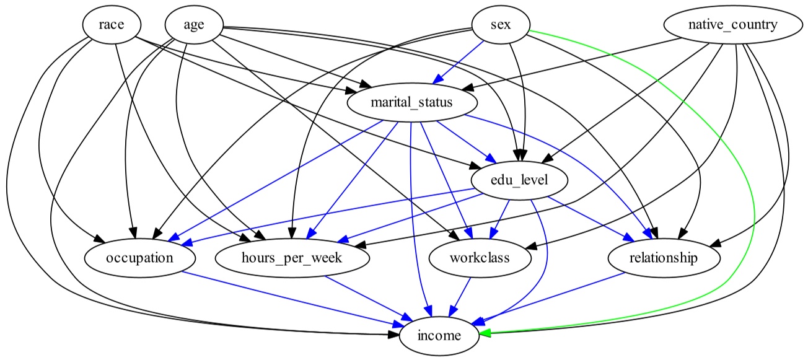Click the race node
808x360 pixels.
click(112, 25)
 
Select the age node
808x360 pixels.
click(194, 25)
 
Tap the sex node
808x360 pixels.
click(501, 25)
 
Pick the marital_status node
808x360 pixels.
click(411, 103)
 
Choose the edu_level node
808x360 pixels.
click(519, 180)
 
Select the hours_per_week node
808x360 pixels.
click(294, 258)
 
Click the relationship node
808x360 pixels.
click(664, 258)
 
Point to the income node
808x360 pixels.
click(439, 336)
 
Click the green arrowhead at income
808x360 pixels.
click(486, 333)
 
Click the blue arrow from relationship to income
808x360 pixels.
click(558, 297)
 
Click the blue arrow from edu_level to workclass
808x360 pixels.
click(501, 217)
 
